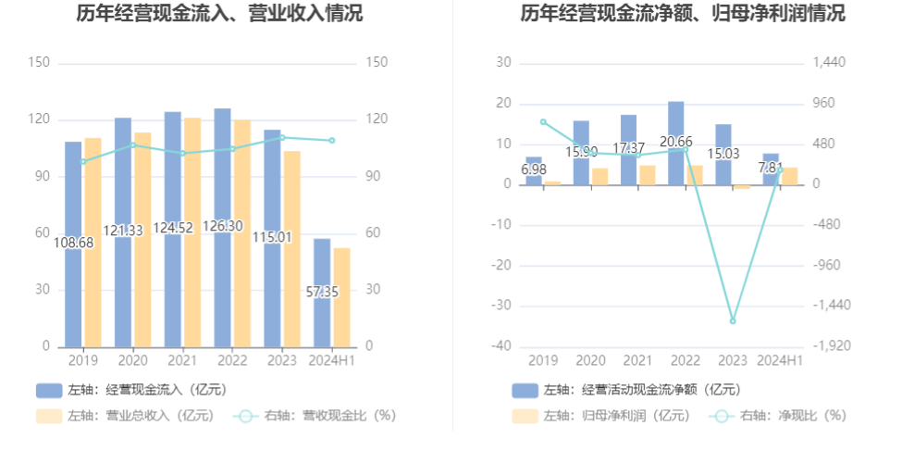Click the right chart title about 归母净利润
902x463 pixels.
[682, 14]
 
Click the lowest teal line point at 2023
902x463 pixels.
[733, 321]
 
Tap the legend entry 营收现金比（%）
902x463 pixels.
[315, 416]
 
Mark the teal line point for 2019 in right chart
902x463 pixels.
[544, 122]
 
